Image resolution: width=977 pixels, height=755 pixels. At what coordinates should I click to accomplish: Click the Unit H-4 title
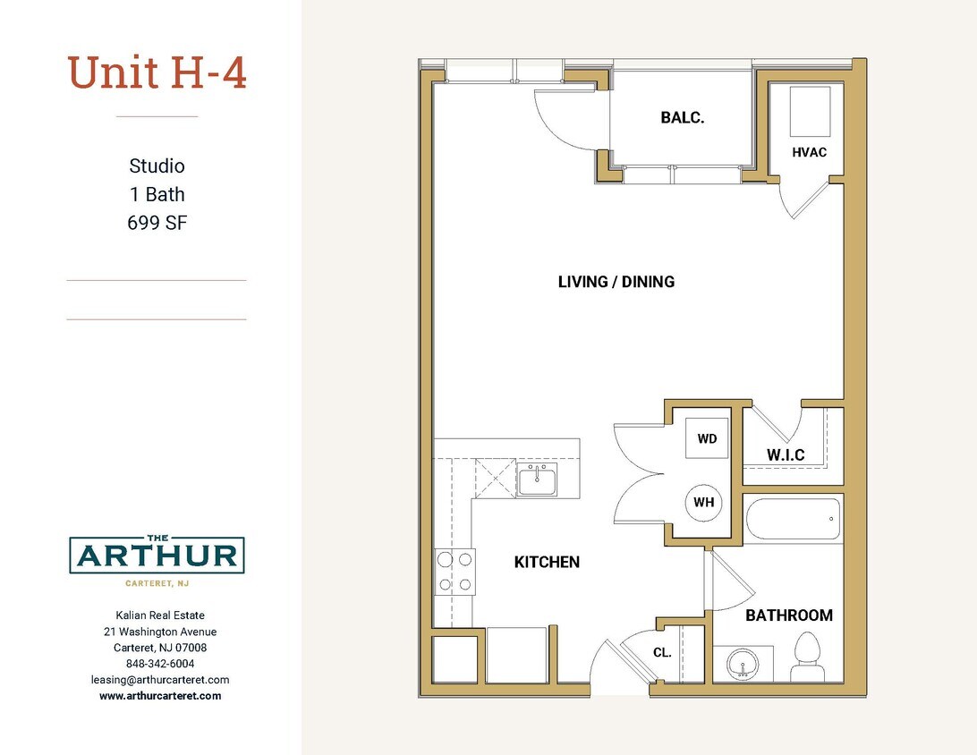coord(157,73)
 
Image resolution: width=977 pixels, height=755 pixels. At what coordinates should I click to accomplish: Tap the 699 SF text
coord(157,223)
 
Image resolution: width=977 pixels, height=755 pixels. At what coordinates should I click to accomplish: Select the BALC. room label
coord(683,117)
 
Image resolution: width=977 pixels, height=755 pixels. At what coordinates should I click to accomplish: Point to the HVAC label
coord(809,152)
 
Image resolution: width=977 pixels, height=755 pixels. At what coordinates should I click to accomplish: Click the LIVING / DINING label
coord(616,282)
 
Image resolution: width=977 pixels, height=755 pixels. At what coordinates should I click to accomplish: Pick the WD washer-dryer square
coord(707,439)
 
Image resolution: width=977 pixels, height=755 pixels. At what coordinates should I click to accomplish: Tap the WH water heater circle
coord(704,502)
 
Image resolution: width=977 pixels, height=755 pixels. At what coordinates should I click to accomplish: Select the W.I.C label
coord(785,455)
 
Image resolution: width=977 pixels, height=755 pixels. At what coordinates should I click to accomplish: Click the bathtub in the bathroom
coord(793,519)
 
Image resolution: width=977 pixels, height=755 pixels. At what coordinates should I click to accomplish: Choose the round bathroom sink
coord(743,664)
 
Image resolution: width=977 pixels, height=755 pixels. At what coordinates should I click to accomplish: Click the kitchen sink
coord(537,480)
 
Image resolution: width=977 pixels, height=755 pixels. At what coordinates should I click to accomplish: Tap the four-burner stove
coord(455,573)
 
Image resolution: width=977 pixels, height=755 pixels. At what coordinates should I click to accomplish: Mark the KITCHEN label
coord(547,562)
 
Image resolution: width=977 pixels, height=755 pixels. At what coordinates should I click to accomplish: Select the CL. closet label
coord(662,653)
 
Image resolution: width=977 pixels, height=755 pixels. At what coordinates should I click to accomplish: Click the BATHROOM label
coord(788,615)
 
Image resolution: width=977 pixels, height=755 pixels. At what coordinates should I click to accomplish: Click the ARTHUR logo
coord(157,556)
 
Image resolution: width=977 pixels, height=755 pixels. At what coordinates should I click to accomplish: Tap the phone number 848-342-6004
coord(160,664)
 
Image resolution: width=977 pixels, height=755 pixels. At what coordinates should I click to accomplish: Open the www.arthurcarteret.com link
coord(160,695)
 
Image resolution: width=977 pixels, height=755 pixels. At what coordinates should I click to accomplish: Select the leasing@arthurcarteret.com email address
coord(160,680)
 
